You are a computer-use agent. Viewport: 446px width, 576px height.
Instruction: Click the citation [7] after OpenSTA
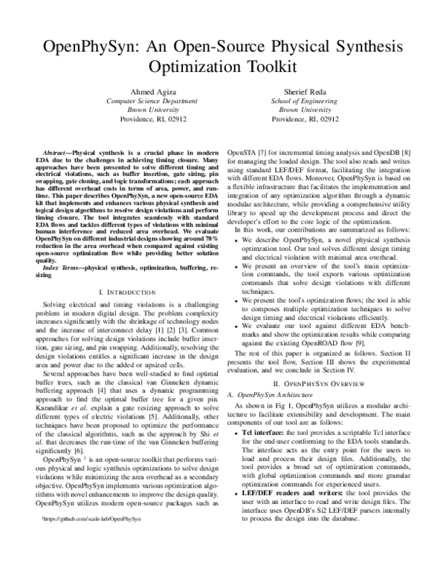pyautogui.click(x=260, y=151)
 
